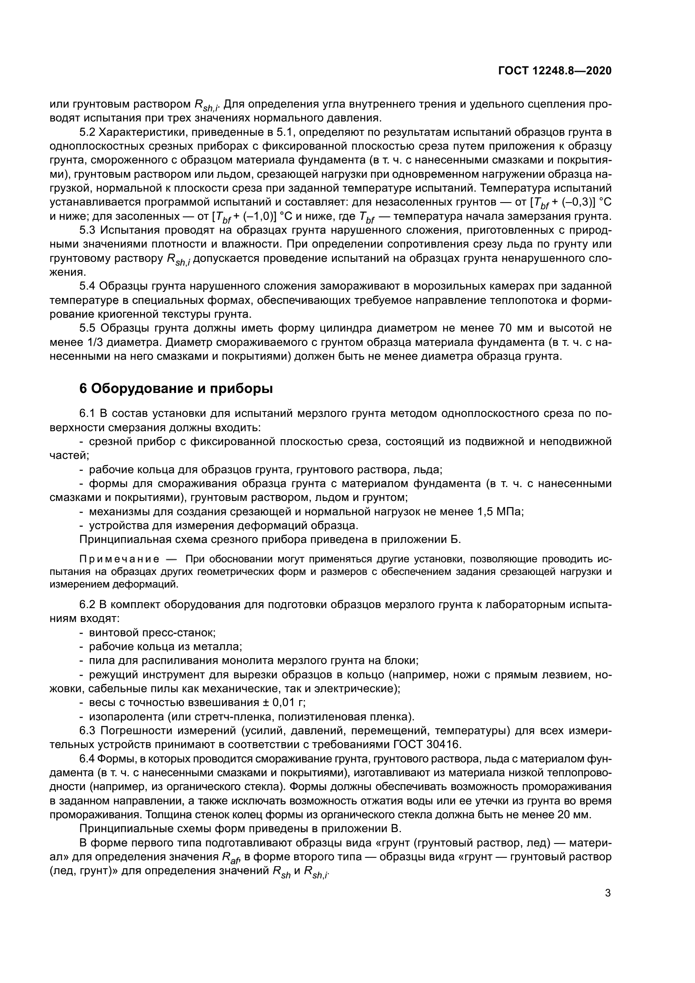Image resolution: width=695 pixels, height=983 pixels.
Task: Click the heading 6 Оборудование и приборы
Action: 176,388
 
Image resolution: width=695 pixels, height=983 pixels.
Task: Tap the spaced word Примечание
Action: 119,559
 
